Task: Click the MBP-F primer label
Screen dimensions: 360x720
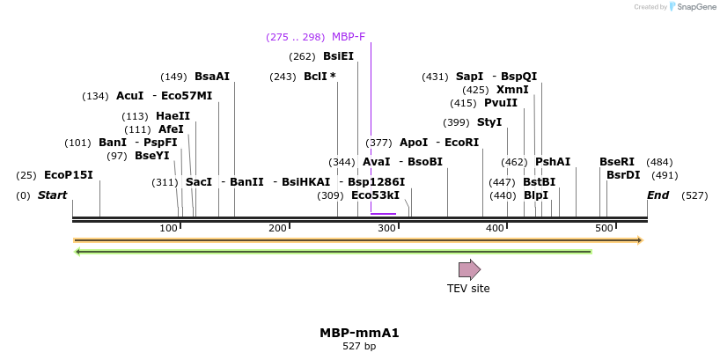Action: click(x=348, y=37)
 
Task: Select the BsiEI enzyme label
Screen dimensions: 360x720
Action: click(x=338, y=56)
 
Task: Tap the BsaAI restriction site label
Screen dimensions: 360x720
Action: click(x=211, y=77)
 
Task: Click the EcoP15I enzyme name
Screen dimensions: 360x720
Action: click(x=68, y=175)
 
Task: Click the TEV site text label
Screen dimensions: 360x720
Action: click(x=468, y=288)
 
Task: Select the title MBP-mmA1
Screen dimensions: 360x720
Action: click(x=359, y=334)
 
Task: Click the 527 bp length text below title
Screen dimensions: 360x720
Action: click(x=359, y=347)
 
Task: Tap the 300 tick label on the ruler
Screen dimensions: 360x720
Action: click(x=387, y=229)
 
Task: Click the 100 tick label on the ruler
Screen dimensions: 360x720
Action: click(x=169, y=229)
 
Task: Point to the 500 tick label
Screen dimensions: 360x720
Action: click(x=604, y=229)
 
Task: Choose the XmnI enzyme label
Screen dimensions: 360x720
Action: click(x=512, y=90)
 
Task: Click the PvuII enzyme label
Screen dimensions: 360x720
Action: click(x=501, y=103)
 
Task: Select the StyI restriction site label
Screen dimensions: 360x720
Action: click(x=489, y=122)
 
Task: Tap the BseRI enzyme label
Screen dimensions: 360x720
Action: click(x=616, y=162)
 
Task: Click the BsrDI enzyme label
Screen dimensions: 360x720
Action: click(x=623, y=175)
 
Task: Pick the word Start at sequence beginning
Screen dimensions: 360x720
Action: click(x=52, y=195)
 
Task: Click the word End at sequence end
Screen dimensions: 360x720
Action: click(x=658, y=195)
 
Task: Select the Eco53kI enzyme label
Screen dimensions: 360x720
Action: click(x=375, y=195)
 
